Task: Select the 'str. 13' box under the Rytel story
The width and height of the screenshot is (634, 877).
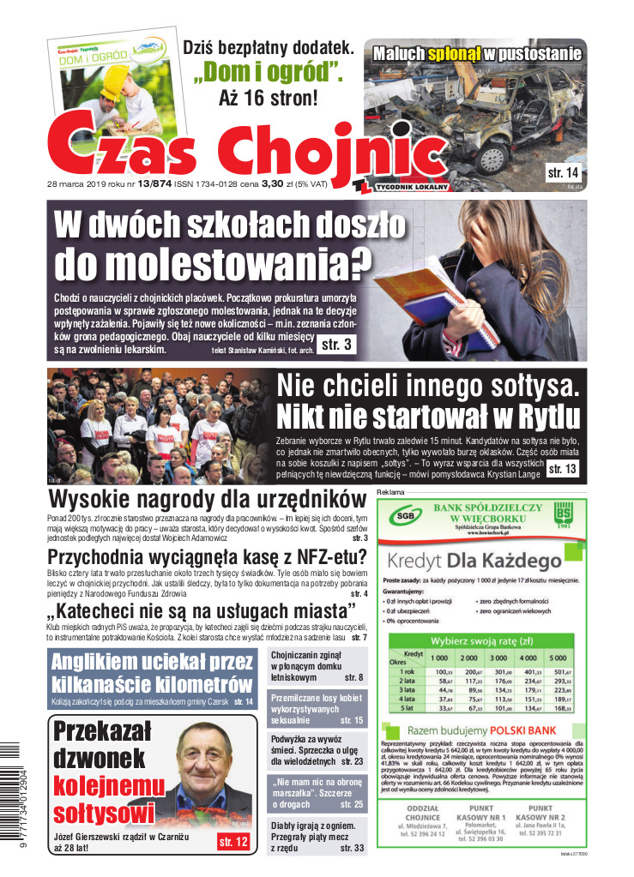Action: (x=563, y=468)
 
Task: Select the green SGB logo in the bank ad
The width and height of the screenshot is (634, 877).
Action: (x=402, y=518)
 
